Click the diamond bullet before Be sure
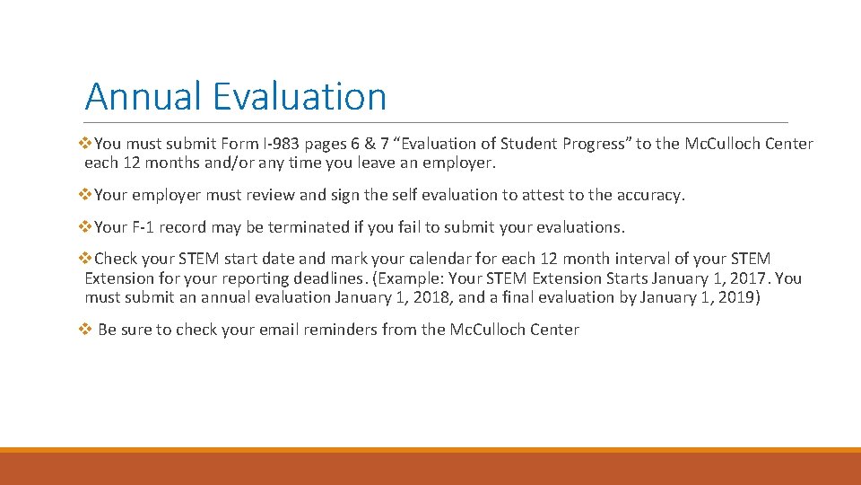pos(85,330)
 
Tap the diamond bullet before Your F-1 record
pos(86,227)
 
